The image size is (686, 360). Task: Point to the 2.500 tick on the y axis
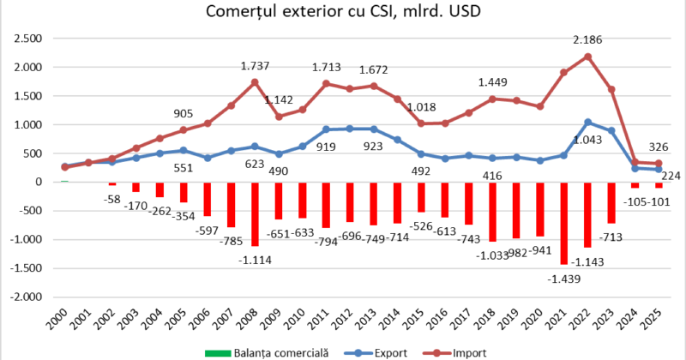[28, 39]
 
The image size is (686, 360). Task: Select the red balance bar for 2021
[563, 223]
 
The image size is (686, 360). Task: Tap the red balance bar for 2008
[255, 213]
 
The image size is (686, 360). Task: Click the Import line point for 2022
[587, 57]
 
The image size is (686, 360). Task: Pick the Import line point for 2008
[255, 82]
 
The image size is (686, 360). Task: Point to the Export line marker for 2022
[587, 122]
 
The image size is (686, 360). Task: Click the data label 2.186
[588, 39]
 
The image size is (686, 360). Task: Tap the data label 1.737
[256, 65]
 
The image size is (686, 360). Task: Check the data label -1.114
[255, 261]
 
